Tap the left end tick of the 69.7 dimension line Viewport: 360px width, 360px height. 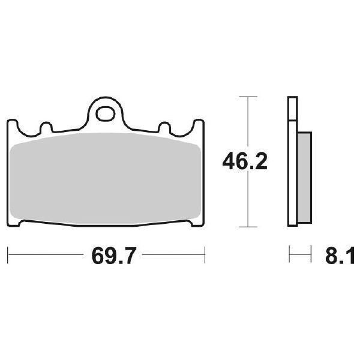pyautogui.click(x=8, y=254)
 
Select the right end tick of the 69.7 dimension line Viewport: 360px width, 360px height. pyautogui.click(x=206, y=254)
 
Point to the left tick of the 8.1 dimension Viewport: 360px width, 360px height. pyautogui.click(x=289, y=254)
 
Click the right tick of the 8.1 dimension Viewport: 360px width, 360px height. pyautogui.click(x=311, y=254)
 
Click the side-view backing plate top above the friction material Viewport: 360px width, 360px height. pyautogui.click(x=292, y=111)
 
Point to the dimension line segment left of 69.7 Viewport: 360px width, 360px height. pyautogui.click(x=48, y=254)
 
